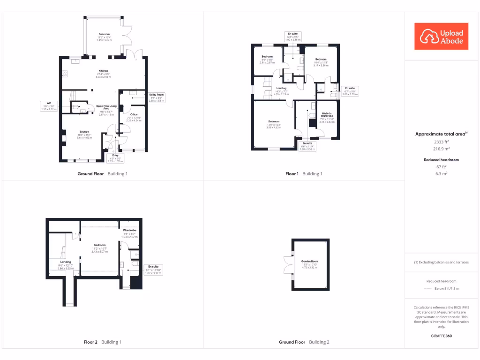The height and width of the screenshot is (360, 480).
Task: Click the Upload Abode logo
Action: pos(442,37)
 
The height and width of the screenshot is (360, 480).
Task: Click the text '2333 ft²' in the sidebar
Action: pos(441,142)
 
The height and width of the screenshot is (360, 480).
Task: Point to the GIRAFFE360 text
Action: pos(441,336)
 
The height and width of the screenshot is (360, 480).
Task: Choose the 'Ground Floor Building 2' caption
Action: pos(304,342)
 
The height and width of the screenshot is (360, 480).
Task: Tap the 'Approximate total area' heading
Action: pos(441,134)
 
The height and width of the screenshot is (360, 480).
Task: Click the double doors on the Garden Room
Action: pos(287,264)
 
